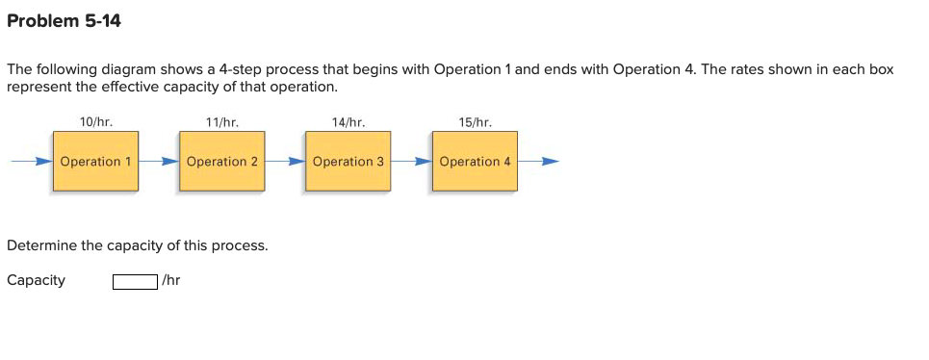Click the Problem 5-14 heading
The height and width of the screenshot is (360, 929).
click(x=64, y=20)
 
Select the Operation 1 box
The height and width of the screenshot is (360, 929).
click(x=96, y=162)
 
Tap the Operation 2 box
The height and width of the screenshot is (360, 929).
click(x=222, y=162)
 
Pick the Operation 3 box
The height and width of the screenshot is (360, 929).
click(x=348, y=162)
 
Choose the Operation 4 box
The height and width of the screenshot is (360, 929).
click(x=475, y=162)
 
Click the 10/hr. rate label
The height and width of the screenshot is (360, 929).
click(x=96, y=122)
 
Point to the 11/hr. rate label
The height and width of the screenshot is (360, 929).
click(x=222, y=122)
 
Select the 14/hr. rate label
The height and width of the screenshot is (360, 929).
click(x=348, y=122)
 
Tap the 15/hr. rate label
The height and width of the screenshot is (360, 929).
click(x=475, y=122)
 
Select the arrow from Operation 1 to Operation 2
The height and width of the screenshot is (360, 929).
click(x=159, y=162)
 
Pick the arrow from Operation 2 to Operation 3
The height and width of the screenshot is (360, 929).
click(x=285, y=162)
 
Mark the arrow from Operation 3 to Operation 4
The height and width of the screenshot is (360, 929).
click(x=411, y=162)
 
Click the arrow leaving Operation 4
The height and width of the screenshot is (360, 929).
click(x=538, y=162)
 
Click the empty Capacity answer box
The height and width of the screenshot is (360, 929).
click(x=135, y=281)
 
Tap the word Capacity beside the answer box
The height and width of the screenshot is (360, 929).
click(x=36, y=280)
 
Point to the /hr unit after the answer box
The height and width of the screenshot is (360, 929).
click(x=171, y=280)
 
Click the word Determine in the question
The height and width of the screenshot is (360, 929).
click(x=41, y=245)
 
